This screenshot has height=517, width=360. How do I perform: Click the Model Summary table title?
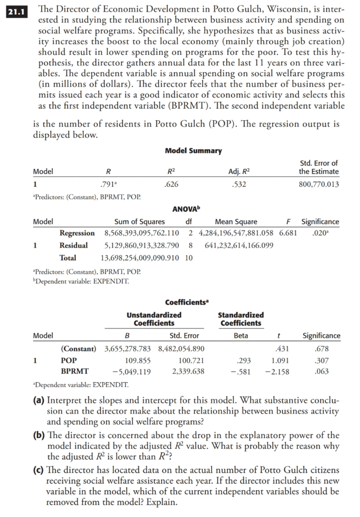click(x=193, y=150)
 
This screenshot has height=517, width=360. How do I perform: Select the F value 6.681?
click(x=290, y=233)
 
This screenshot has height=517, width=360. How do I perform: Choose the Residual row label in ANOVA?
click(x=73, y=245)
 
